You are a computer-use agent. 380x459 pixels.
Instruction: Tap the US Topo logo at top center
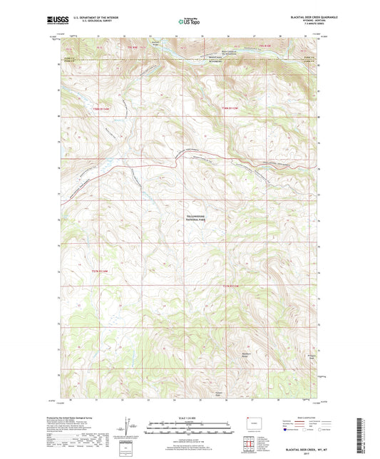pos(188,22)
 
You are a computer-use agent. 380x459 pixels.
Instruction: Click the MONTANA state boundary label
pos(214,59)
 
